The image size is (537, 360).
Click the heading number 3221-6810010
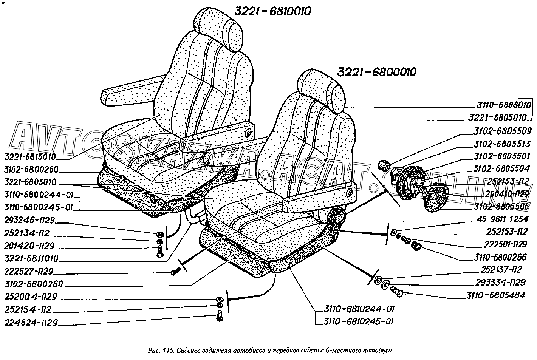pos(272,12)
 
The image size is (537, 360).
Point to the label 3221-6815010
pos(31,156)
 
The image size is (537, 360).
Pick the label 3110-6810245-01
pos(359,322)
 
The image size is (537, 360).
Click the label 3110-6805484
pos(495,295)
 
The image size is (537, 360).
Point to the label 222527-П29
pos(29,271)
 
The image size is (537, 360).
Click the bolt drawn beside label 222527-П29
pos(175,272)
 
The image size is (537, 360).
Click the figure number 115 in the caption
pos(165,350)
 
